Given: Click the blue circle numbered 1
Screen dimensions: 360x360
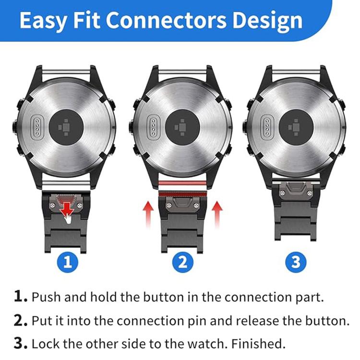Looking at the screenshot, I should coord(68,262).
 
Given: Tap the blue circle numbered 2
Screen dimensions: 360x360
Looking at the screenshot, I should coord(182,262).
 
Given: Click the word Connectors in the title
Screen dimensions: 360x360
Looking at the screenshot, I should coord(168,21).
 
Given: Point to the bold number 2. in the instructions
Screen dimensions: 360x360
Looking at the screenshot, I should coord(20,320).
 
